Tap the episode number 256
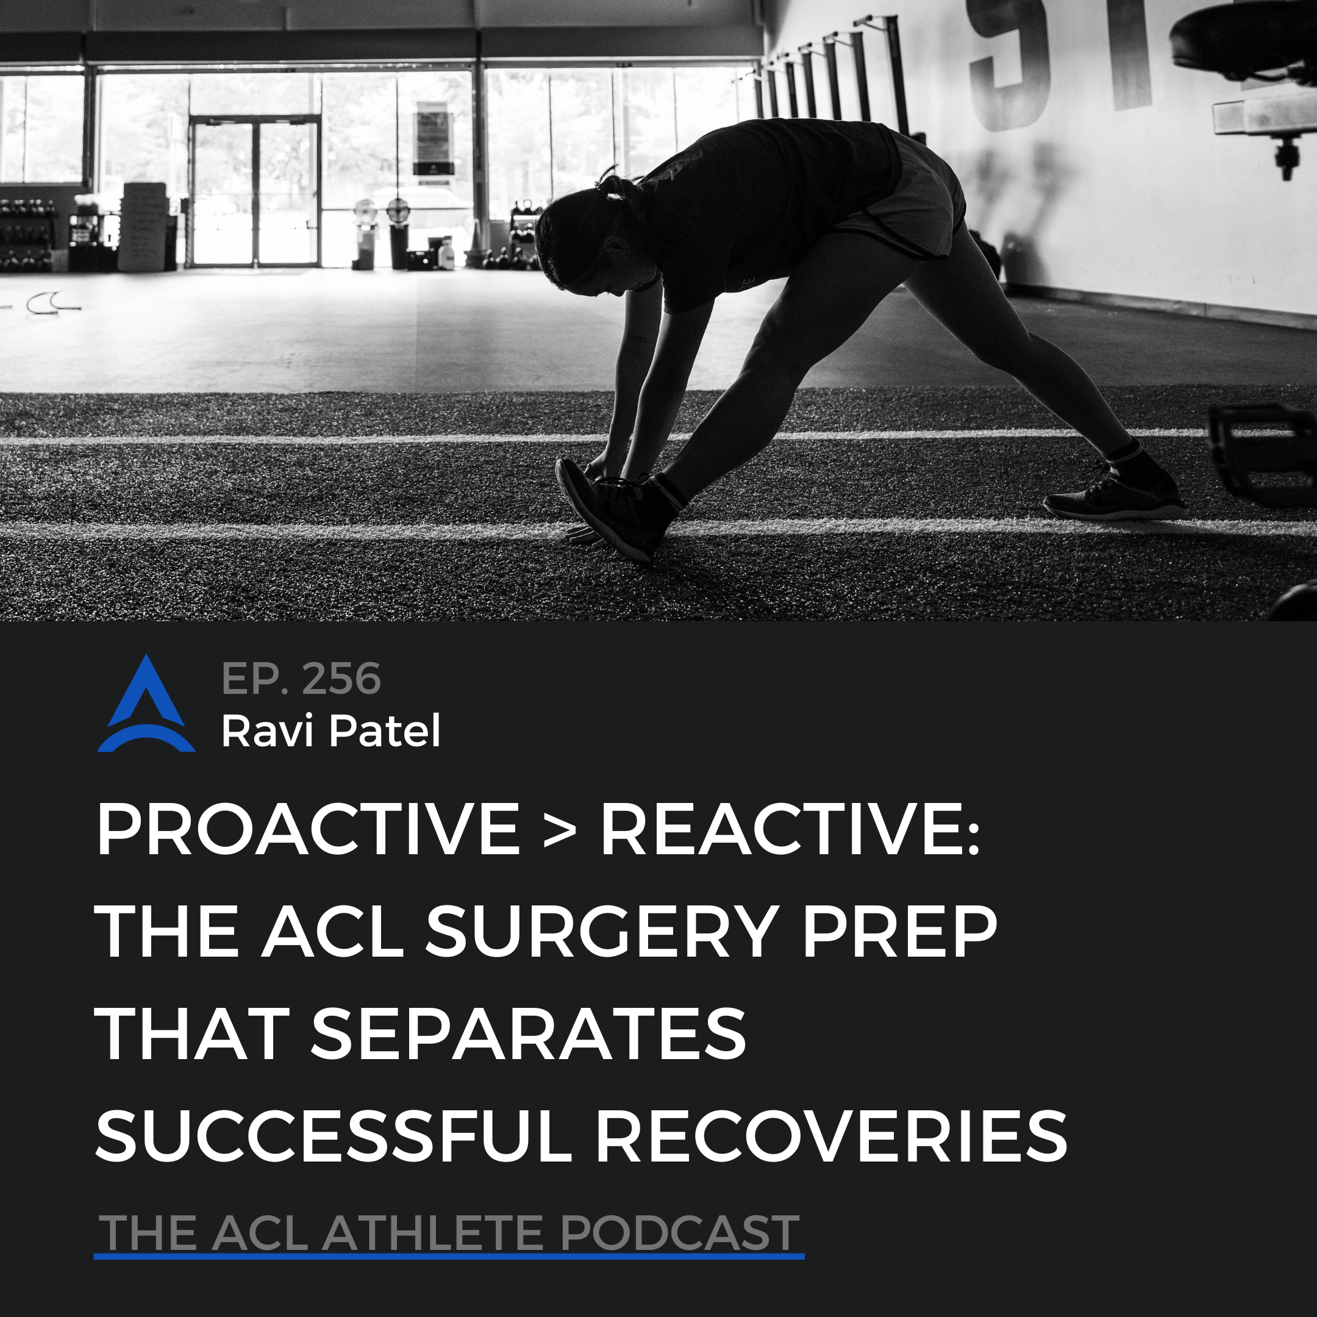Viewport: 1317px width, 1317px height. [341, 679]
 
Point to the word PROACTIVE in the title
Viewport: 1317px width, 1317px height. [308, 829]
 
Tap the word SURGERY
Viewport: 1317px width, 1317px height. [602, 931]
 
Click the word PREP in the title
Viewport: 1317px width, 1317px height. [900, 931]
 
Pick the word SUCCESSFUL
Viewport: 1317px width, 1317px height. [334, 1136]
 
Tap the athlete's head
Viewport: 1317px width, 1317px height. [586, 235]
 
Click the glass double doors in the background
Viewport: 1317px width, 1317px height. [255, 191]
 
